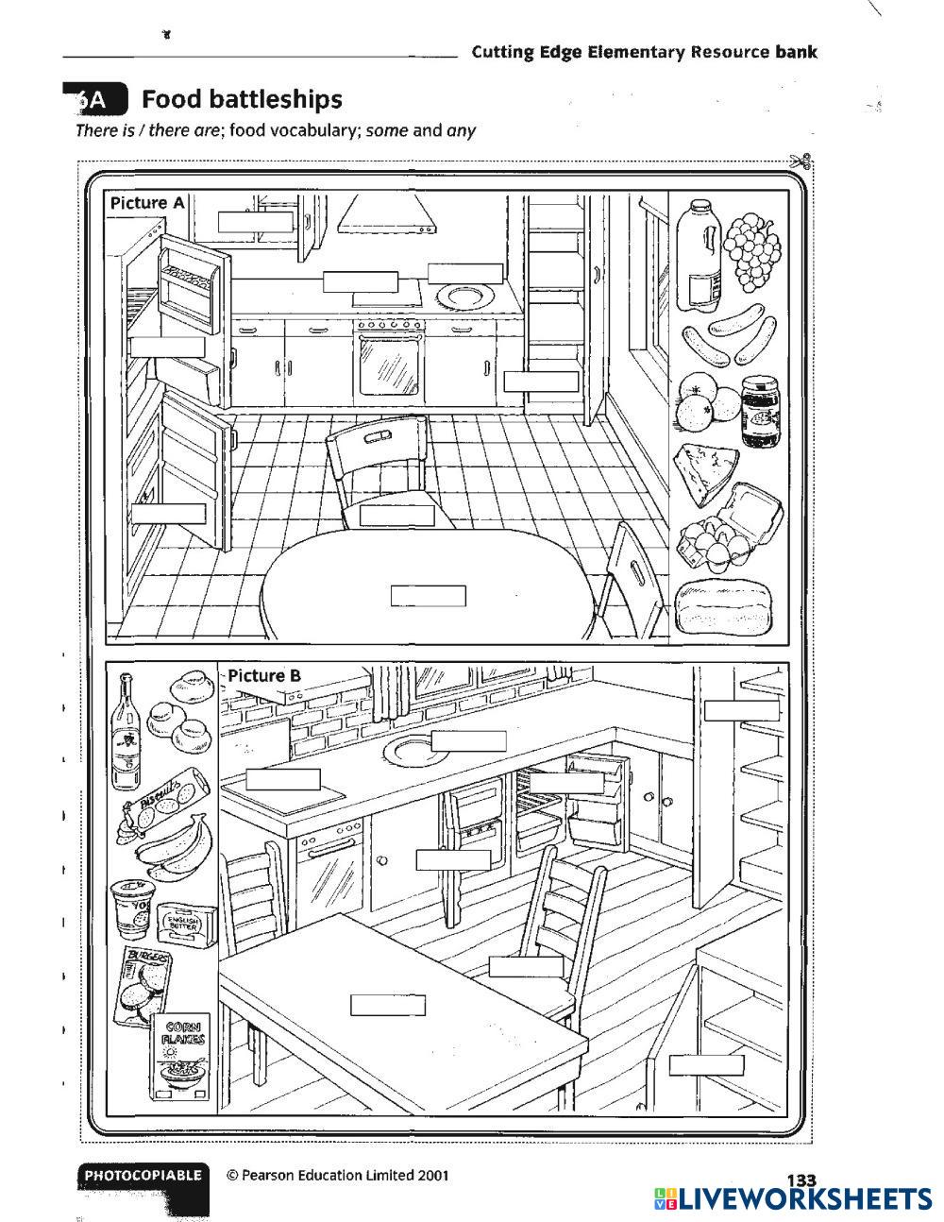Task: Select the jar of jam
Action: tap(761, 411)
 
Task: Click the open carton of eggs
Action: tap(732, 527)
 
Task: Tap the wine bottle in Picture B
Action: tap(125, 732)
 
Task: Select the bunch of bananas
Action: tap(177, 841)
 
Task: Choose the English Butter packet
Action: tap(187, 925)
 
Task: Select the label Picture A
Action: tap(146, 203)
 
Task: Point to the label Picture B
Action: tap(264, 675)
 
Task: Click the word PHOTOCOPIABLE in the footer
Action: tap(143, 1176)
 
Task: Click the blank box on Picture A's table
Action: tap(429, 596)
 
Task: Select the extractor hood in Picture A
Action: tap(387, 214)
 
